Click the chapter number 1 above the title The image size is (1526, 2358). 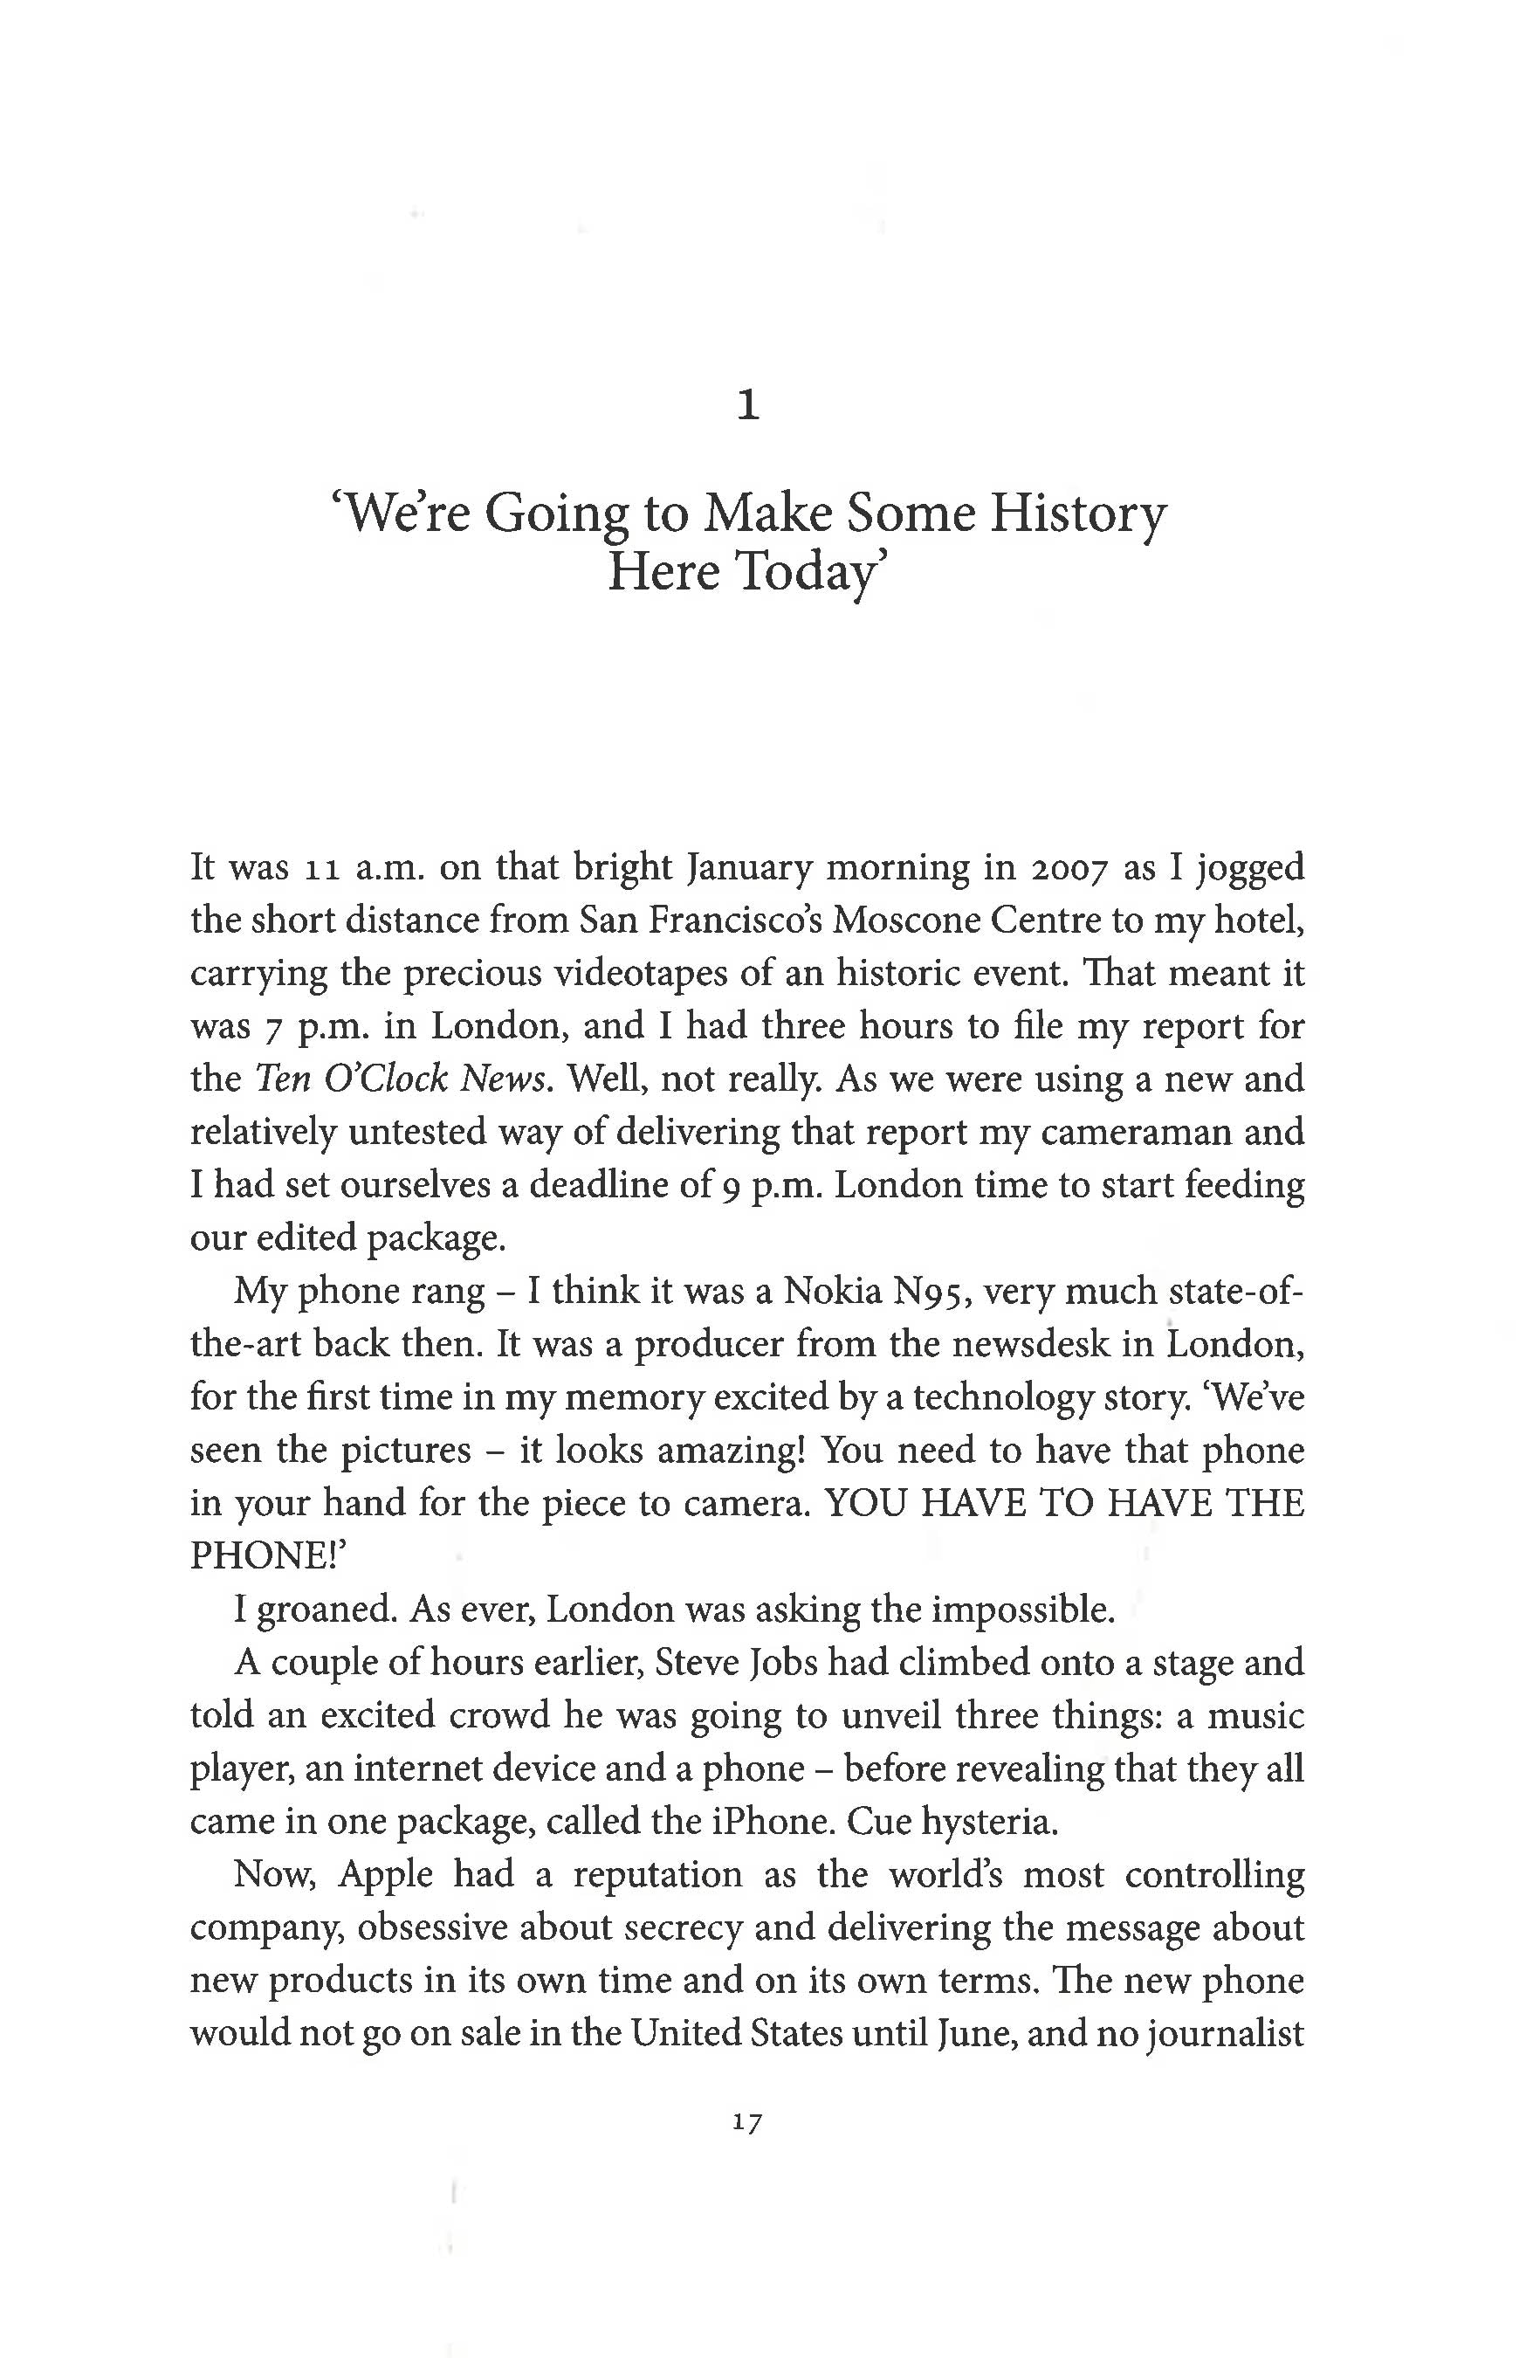pyautogui.click(x=749, y=406)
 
